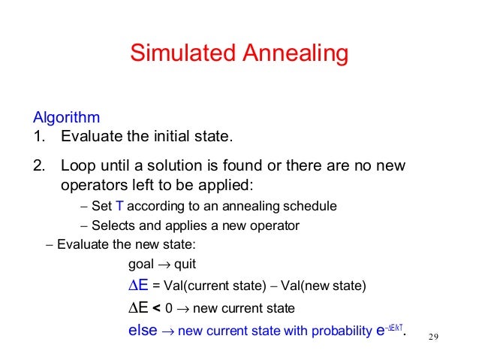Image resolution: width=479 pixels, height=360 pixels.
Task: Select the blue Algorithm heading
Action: click(66, 118)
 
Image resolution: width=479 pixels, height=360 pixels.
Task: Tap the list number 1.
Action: click(38, 137)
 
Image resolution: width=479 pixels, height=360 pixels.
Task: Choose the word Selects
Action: click(113, 225)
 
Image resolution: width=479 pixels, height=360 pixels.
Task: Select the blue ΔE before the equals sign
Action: click(139, 286)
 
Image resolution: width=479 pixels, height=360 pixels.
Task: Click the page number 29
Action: click(432, 336)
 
